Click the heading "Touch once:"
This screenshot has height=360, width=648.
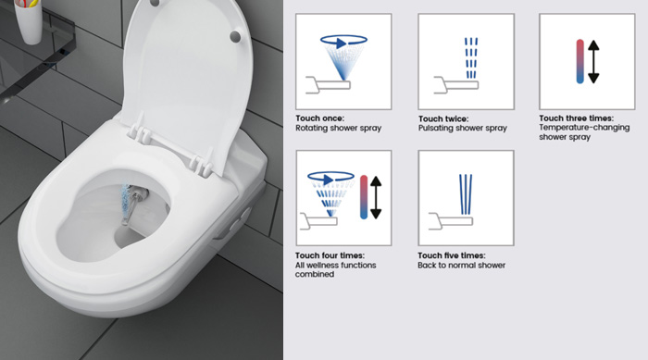tap(319, 118)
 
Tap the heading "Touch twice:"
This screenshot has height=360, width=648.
tap(443, 119)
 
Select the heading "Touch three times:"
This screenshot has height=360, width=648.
tap(576, 118)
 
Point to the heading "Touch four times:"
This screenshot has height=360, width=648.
tap(330, 255)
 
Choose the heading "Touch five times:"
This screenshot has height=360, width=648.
tap(452, 255)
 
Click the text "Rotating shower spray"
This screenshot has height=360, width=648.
tap(338, 128)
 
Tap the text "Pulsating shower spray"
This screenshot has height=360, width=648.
tap(463, 128)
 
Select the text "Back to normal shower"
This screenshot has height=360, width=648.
tap(461, 266)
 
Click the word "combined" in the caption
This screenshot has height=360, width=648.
tap(314, 275)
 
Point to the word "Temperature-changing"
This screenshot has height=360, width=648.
tap(584, 128)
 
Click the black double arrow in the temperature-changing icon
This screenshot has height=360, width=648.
tap(593, 62)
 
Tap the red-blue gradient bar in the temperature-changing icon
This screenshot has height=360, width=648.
tap(579, 62)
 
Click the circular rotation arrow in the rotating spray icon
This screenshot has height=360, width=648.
tap(343, 41)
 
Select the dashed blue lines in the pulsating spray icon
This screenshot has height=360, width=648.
tap(470, 58)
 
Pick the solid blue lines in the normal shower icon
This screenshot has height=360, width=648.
tap(466, 194)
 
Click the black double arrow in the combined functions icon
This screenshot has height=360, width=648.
tap(376, 197)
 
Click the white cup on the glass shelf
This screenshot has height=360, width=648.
tap(29, 20)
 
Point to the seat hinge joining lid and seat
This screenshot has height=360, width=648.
tap(169, 147)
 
